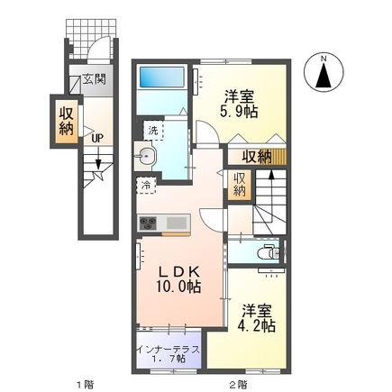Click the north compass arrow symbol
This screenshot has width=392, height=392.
324,73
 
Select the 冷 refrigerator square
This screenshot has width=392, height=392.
145,187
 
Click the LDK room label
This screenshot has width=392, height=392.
178,269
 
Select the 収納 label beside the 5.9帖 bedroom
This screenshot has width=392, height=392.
259,156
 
